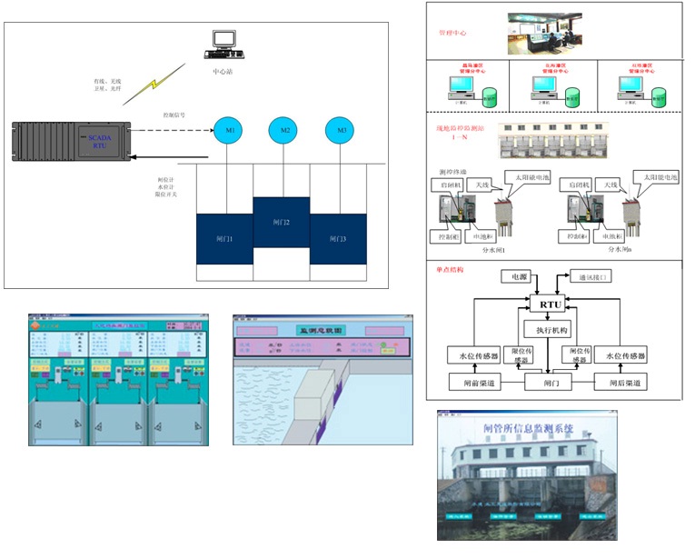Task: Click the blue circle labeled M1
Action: click(x=230, y=131)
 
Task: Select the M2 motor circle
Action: click(x=285, y=131)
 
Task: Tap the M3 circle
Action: click(x=342, y=131)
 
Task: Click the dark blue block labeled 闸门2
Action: click(x=282, y=221)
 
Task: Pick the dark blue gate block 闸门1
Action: click(x=224, y=238)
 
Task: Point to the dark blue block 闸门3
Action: click(x=338, y=238)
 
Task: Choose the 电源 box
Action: click(x=519, y=275)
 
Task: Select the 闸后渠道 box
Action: click(x=621, y=384)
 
